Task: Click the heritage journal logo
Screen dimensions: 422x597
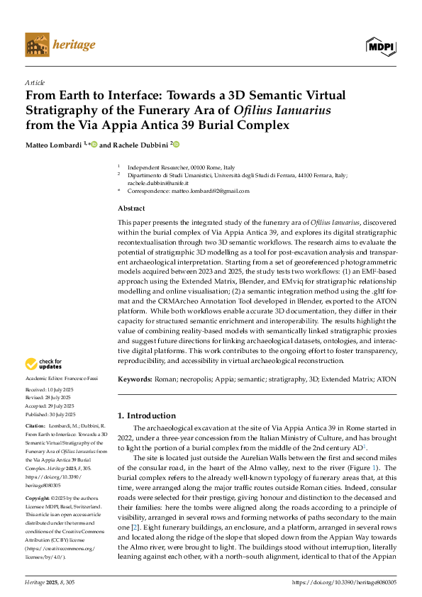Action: point(60,44)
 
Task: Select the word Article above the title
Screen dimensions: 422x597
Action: point(35,82)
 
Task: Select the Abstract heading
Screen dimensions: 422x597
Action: point(131,208)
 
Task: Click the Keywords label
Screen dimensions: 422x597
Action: point(134,380)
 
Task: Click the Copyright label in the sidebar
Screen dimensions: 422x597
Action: point(39,499)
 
